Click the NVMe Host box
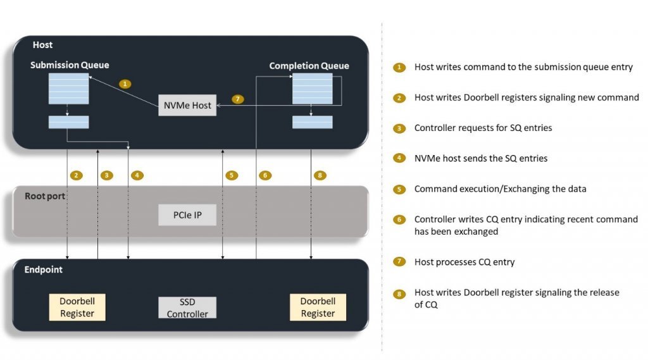[x=187, y=104]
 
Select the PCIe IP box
[x=187, y=215]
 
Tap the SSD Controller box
[x=187, y=307]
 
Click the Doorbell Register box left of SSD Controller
[x=77, y=307]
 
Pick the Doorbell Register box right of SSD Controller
[x=318, y=307]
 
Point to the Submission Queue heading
[x=70, y=65]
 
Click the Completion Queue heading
[x=309, y=66]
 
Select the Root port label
[x=44, y=196]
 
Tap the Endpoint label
[x=43, y=270]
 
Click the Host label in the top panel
[x=43, y=45]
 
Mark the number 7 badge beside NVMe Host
[x=237, y=99]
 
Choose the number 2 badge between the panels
[x=77, y=175]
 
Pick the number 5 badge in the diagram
[x=232, y=175]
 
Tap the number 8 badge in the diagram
[x=320, y=175]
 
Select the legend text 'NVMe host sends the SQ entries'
[x=480, y=158]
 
